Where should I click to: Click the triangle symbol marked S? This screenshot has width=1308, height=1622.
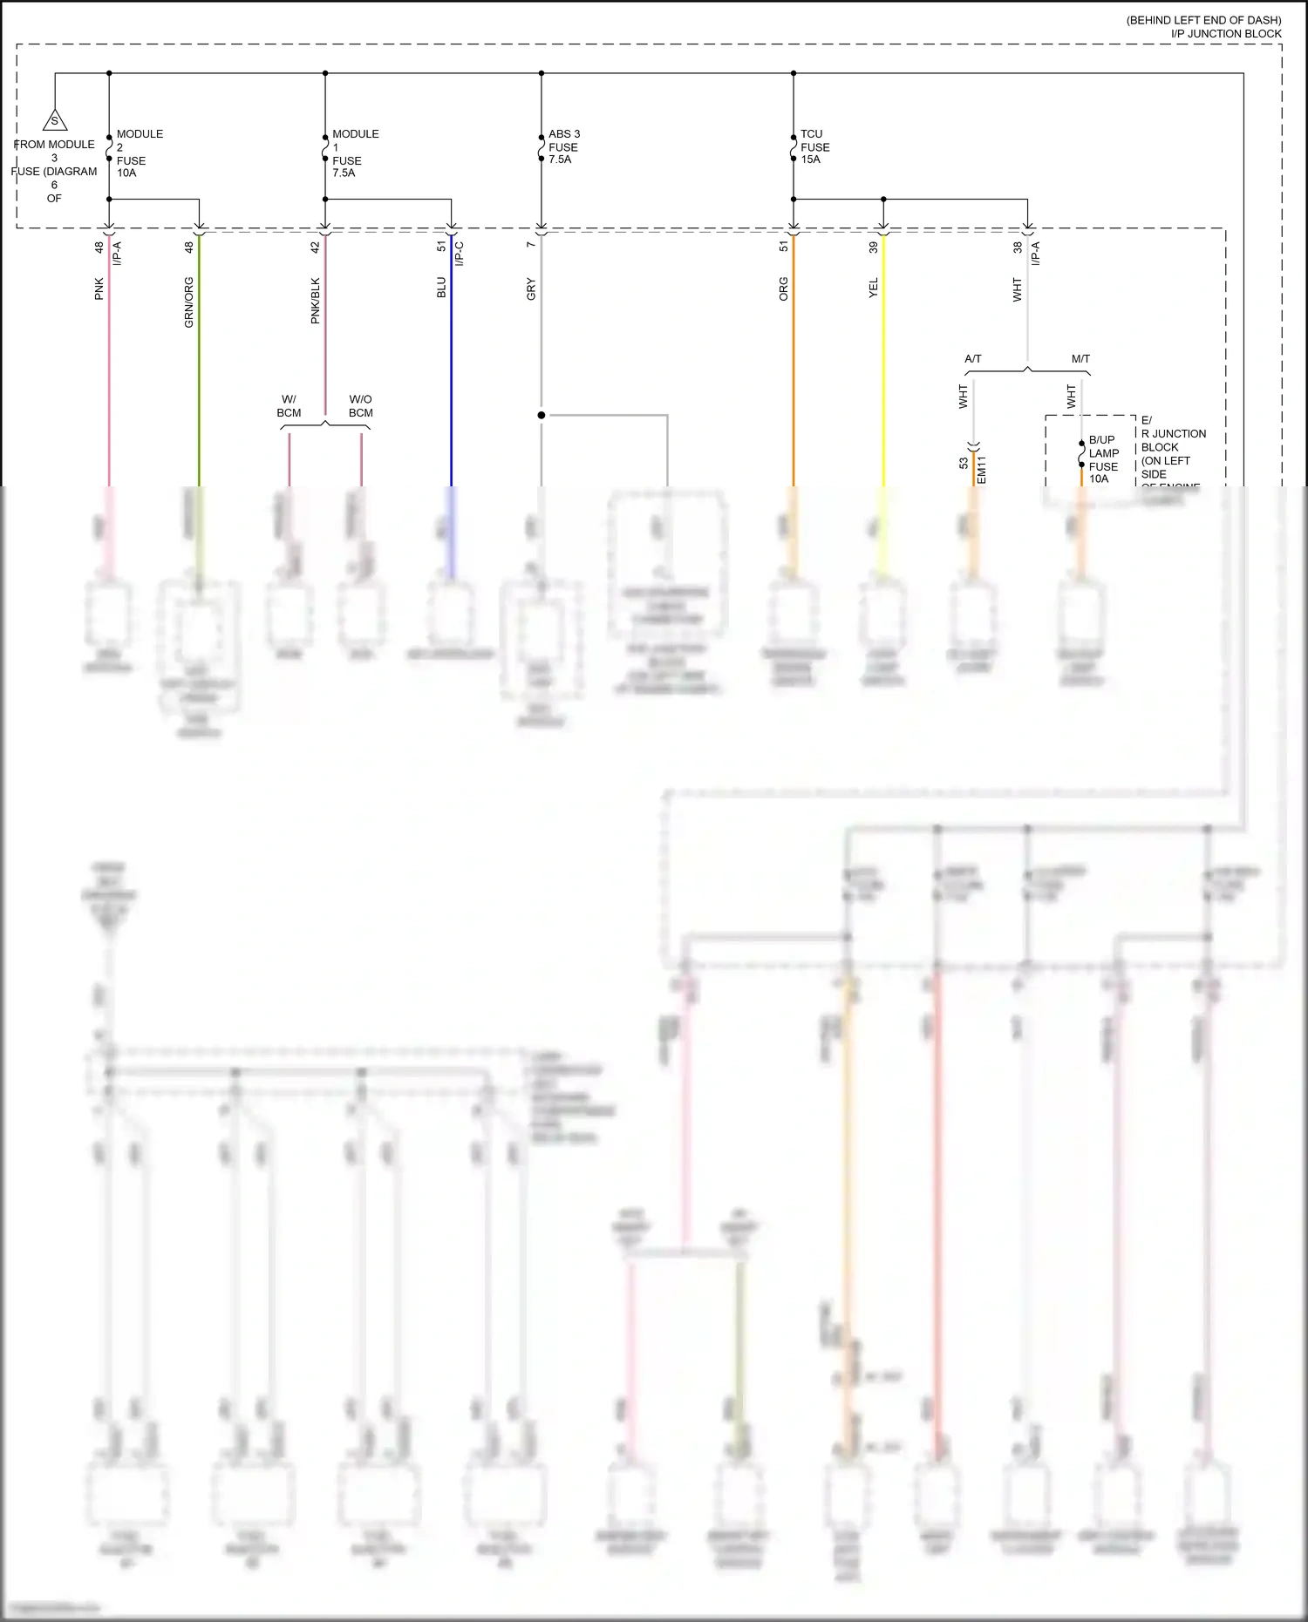point(54,121)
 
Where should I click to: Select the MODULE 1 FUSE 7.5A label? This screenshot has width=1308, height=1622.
point(355,153)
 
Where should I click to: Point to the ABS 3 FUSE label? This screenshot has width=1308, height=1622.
point(563,146)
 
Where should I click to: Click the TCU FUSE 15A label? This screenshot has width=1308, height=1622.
point(814,146)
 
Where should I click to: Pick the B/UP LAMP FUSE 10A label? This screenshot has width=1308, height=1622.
point(1103,459)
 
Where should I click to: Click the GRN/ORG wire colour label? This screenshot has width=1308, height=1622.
point(189,302)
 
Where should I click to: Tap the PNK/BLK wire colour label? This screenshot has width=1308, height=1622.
point(316,301)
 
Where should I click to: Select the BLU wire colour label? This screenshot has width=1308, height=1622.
point(441,288)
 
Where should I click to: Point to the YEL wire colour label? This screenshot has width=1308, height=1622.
point(873,288)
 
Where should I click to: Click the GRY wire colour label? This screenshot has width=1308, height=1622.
point(531,289)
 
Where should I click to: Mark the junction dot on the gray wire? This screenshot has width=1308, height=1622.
point(542,415)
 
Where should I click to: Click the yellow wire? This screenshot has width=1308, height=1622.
point(883,366)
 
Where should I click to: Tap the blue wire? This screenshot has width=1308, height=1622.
point(452,366)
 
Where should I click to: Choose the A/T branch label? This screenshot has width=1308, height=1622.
point(973,358)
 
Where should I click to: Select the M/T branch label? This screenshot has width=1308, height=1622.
point(1080,358)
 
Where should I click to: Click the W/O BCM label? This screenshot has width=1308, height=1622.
point(360,406)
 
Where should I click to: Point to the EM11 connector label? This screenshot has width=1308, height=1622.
point(982,470)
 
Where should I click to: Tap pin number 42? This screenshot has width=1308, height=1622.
point(316,248)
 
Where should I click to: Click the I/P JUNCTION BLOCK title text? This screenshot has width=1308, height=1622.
point(1225,34)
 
